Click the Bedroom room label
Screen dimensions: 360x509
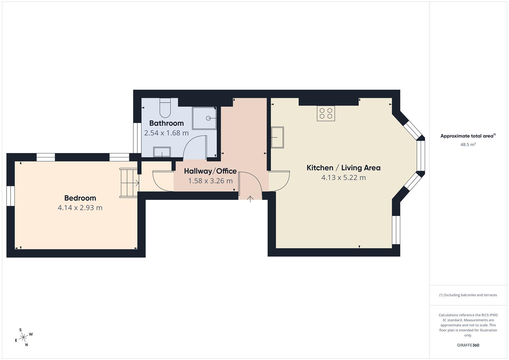[x=80, y=198]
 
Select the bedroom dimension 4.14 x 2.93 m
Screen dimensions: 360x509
[x=80, y=208]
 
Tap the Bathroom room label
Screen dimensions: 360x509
[x=166, y=123]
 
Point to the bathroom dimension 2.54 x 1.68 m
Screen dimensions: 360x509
[x=166, y=133]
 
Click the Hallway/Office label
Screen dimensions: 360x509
[x=210, y=171]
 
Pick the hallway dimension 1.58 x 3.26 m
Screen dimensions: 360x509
[x=210, y=181]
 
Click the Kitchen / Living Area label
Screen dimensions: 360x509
[x=343, y=168]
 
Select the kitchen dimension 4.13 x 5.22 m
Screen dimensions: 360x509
[x=343, y=177]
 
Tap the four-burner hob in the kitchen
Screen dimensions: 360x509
[x=326, y=113]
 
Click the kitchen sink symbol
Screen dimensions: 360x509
[x=277, y=137]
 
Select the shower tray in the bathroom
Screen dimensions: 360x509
[x=204, y=118]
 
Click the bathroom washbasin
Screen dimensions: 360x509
[x=162, y=152]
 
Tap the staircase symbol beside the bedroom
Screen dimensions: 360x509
[x=129, y=183]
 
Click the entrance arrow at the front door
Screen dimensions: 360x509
[x=250, y=199]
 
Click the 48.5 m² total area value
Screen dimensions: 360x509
[x=468, y=144]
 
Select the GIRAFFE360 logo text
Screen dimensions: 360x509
[x=468, y=345]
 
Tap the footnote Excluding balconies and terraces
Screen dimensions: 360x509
[x=468, y=295]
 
